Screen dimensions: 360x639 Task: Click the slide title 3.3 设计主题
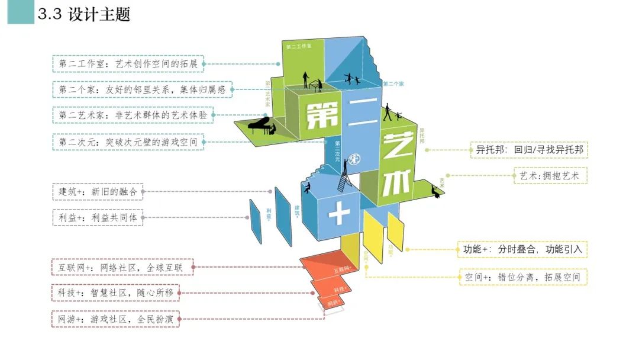click(83, 15)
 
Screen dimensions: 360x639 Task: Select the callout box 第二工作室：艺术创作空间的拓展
click(128, 64)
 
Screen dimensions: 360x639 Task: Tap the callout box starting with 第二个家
click(142, 90)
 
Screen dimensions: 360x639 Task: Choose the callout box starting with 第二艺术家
click(133, 115)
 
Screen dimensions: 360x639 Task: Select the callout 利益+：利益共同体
click(97, 218)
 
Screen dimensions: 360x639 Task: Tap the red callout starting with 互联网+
click(121, 268)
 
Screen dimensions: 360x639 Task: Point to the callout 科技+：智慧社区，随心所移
click(115, 293)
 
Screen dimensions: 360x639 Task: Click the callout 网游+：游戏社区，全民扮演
click(115, 319)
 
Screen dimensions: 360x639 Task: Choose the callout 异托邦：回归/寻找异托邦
click(529, 150)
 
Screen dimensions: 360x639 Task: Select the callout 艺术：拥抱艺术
click(550, 176)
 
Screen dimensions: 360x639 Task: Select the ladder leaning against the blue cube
click(344, 178)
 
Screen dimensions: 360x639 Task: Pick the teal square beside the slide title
click(21, 12)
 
